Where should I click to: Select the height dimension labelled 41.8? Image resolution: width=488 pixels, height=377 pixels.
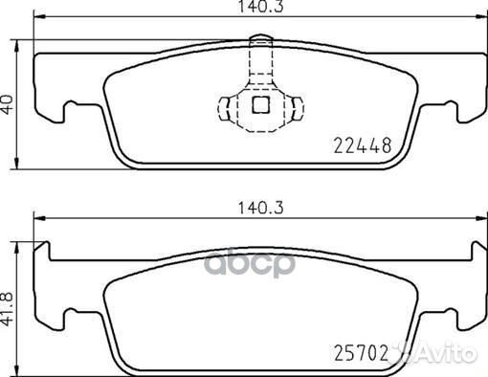pos(10,304)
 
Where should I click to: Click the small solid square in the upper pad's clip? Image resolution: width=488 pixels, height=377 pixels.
pos(259,106)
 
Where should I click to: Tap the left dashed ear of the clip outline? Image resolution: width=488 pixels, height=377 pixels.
pos(228,104)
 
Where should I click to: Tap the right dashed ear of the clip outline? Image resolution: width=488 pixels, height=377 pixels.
pos(291,104)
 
